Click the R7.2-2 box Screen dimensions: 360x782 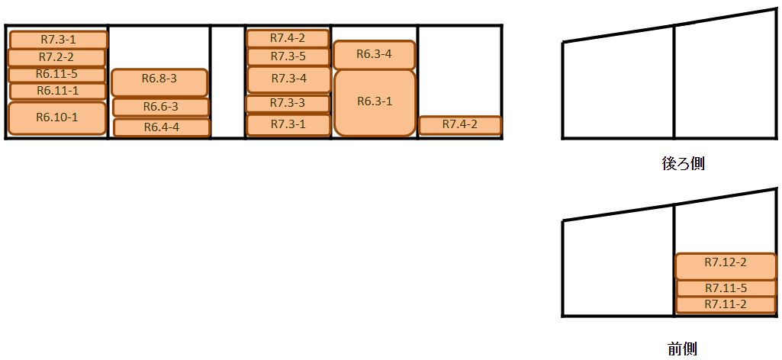[56, 57]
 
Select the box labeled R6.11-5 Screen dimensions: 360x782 [56, 74]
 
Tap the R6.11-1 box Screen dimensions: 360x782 [56, 91]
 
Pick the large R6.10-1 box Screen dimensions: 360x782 [56, 117]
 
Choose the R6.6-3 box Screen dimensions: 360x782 [160, 107]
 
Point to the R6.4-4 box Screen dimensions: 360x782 [161, 127]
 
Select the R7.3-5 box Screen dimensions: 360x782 [288, 56]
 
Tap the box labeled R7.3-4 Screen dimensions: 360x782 [288, 79]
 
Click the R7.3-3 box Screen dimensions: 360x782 [288, 103]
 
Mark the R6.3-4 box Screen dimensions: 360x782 [374, 54]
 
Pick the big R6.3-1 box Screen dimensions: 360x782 [375, 102]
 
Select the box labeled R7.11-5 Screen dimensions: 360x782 [726, 288]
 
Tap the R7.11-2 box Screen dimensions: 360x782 [726, 305]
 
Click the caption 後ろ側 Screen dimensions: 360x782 [683, 163]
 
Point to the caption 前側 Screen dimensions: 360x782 [682, 348]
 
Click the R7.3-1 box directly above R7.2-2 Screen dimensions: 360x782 [57, 39]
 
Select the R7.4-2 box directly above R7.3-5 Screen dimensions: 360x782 [288, 38]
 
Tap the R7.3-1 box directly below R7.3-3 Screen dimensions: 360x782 [288, 124]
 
